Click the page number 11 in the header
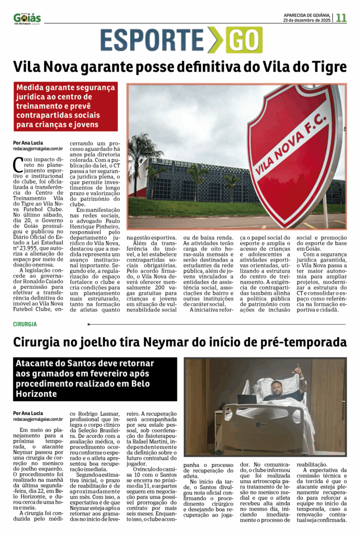coord(342,17)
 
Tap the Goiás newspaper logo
coord(27,18)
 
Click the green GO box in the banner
coord(244,40)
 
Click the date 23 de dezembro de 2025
coord(307,20)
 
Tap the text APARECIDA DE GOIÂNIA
coord(307,15)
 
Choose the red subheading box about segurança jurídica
coord(66,106)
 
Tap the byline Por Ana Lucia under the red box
coord(28,143)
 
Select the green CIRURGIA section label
coord(25,324)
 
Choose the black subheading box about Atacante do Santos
coord(95,379)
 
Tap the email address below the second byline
coord(38,419)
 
